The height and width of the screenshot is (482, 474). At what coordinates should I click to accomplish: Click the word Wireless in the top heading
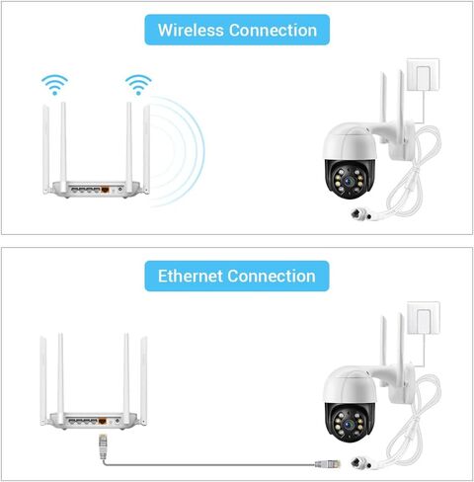click(x=191, y=31)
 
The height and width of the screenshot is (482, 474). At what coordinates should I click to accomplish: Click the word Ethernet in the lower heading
click(x=191, y=276)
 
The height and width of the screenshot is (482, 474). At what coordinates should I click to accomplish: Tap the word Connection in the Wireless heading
click(x=273, y=31)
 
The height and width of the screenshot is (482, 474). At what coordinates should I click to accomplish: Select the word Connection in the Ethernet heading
click(x=272, y=276)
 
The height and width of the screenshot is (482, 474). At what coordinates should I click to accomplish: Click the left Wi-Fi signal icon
click(x=54, y=85)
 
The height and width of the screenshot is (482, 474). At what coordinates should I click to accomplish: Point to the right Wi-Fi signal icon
click(x=138, y=85)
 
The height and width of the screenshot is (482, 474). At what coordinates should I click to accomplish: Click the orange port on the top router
click(x=105, y=190)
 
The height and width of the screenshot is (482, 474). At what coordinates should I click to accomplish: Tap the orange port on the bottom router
click(x=103, y=421)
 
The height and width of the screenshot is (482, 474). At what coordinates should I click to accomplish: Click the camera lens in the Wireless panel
click(x=348, y=180)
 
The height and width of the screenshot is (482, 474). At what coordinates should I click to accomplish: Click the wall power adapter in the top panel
click(x=423, y=75)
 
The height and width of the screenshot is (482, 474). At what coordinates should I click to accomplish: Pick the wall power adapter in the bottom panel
click(x=424, y=318)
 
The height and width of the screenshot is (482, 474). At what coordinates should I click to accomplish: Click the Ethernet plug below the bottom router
click(x=103, y=446)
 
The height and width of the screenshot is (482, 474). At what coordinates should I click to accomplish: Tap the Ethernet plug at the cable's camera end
click(x=328, y=464)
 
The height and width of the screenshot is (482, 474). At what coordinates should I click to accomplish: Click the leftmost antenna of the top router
click(x=45, y=149)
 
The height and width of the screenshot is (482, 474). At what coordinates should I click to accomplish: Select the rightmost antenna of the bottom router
click(x=143, y=380)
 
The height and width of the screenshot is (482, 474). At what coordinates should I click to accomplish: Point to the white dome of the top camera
click(x=349, y=142)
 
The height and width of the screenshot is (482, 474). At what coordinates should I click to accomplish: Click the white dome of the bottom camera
click(x=349, y=385)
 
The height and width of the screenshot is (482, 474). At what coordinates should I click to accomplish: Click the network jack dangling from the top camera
click(x=361, y=214)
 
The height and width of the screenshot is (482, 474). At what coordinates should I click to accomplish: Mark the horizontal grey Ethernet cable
click(x=209, y=464)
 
